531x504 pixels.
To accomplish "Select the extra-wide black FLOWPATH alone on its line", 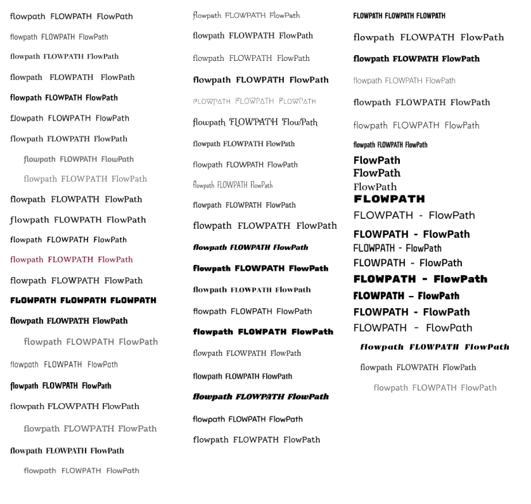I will tap(389, 199).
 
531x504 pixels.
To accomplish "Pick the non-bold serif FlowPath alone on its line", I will tap(374, 187).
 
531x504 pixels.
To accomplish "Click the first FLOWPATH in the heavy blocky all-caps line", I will tap(33, 300).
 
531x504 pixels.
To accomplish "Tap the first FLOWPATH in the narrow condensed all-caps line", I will tap(368, 16).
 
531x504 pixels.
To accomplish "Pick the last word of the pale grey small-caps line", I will tap(297, 101).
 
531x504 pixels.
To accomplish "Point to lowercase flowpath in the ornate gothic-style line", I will tap(209, 122).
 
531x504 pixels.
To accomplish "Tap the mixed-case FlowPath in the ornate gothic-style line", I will tap(300, 122).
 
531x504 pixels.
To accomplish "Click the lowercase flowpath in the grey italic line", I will tap(39, 159).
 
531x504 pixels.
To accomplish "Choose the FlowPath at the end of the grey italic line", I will tap(117, 159).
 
